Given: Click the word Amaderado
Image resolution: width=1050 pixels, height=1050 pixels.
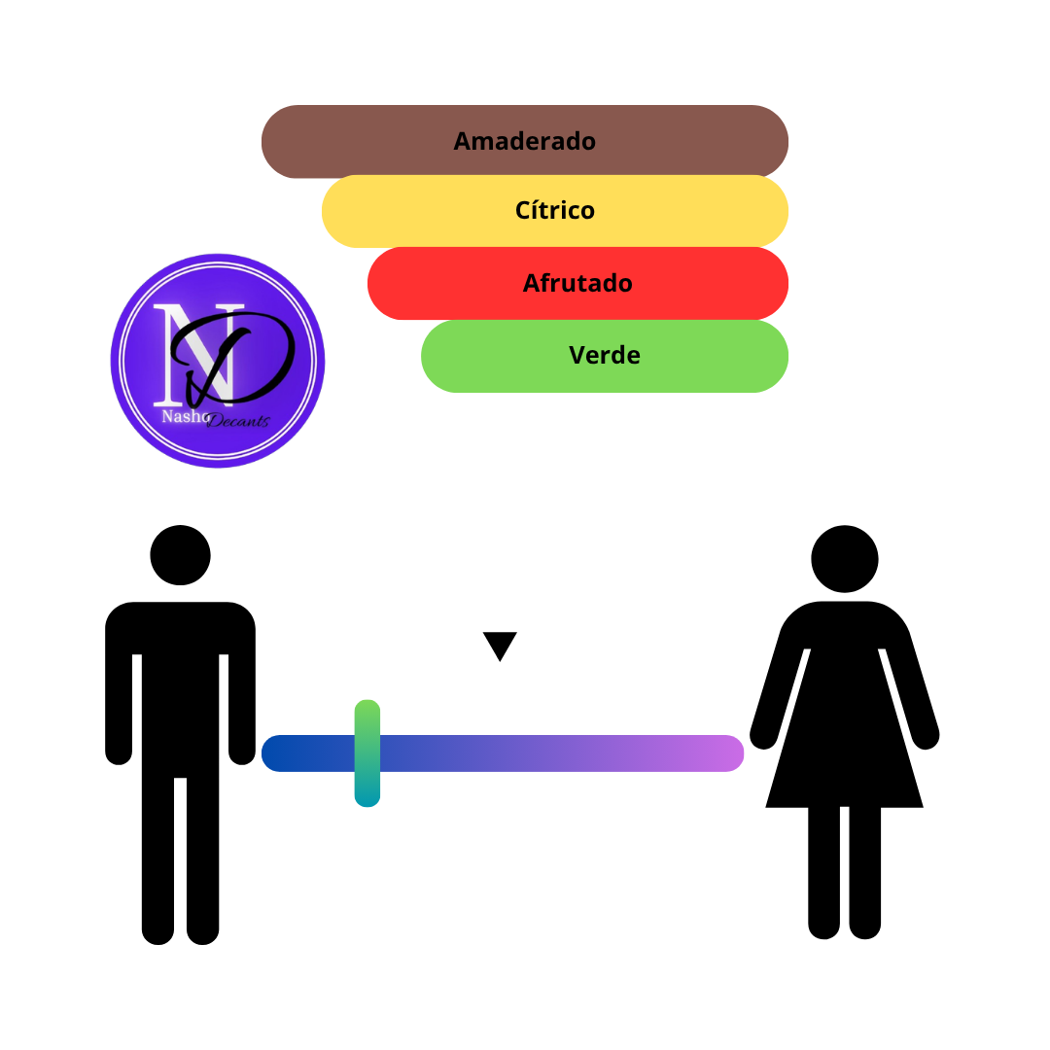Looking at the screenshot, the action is pos(524,141).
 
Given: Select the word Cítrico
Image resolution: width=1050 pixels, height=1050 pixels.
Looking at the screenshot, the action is pos(554,210).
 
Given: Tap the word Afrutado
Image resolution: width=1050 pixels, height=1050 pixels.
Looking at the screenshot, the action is pos(577,283).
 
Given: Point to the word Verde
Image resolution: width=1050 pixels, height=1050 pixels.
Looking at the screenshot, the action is pos(604,355).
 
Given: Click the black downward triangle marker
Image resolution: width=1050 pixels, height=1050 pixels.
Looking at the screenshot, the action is pos(500,646).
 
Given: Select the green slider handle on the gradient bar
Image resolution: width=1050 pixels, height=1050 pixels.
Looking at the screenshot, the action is pos(367,753).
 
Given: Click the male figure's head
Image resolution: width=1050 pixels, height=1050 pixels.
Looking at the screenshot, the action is pos(180,555).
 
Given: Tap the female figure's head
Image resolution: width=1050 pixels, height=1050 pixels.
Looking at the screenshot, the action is pos(845,558).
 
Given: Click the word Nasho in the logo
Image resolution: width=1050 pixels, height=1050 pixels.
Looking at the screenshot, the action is pos(185,416).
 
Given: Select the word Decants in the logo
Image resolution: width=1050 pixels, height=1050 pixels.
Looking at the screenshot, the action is pos(238,421).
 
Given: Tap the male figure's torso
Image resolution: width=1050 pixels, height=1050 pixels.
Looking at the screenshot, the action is pos(180,689).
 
